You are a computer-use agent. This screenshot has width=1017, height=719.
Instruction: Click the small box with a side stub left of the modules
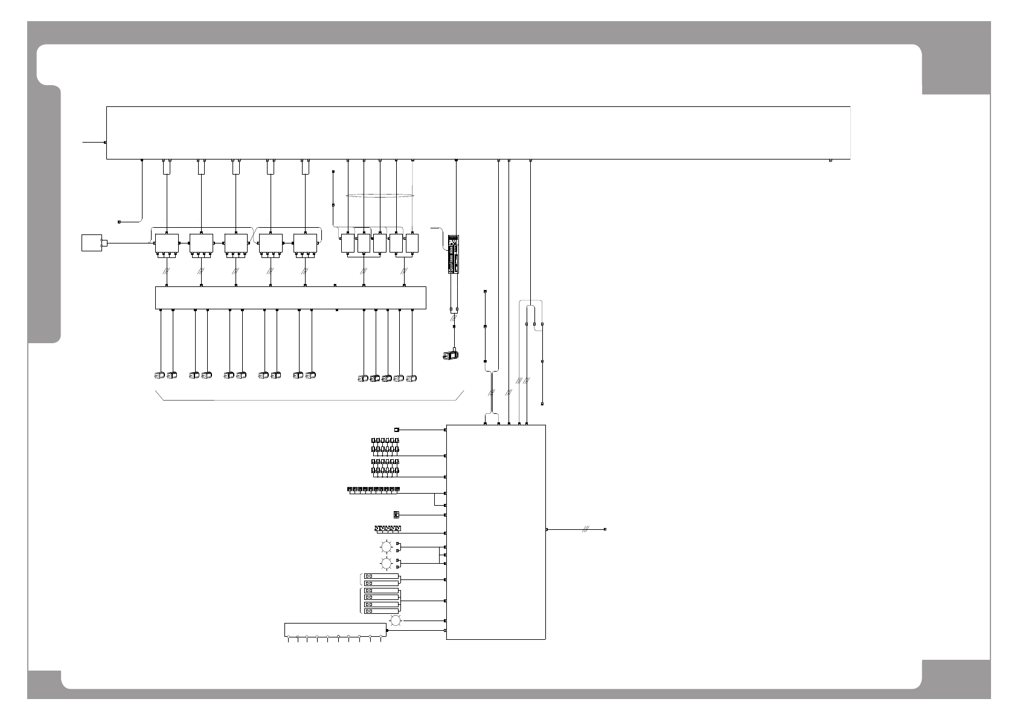click(92, 243)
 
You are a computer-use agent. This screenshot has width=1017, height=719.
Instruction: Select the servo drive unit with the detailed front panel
click(454, 254)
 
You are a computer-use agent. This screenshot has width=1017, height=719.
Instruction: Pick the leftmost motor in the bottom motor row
click(159, 375)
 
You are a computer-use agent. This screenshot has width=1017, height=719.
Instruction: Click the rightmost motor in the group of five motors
click(411, 379)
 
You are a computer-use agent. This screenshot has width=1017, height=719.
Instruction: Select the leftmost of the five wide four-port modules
click(166, 243)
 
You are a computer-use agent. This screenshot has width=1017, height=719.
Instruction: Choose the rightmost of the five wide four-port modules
click(305, 243)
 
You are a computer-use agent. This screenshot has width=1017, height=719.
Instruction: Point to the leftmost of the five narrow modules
click(347, 243)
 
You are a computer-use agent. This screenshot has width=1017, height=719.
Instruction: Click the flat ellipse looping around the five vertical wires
click(380, 195)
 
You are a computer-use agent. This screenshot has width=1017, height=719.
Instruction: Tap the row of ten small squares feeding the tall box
click(374, 488)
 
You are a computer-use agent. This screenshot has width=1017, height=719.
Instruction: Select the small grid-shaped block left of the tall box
click(396, 515)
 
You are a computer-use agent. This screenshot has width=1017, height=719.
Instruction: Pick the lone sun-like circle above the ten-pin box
click(395, 621)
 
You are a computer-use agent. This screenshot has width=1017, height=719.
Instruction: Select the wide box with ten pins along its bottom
click(335, 630)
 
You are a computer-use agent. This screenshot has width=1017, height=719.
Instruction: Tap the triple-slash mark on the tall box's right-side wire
click(585, 529)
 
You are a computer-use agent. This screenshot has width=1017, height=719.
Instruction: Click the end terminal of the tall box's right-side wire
click(605, 529)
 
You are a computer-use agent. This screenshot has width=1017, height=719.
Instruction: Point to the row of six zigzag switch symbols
click(388, 529)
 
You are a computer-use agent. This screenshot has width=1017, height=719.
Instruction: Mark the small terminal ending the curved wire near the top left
click(119, 222)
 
